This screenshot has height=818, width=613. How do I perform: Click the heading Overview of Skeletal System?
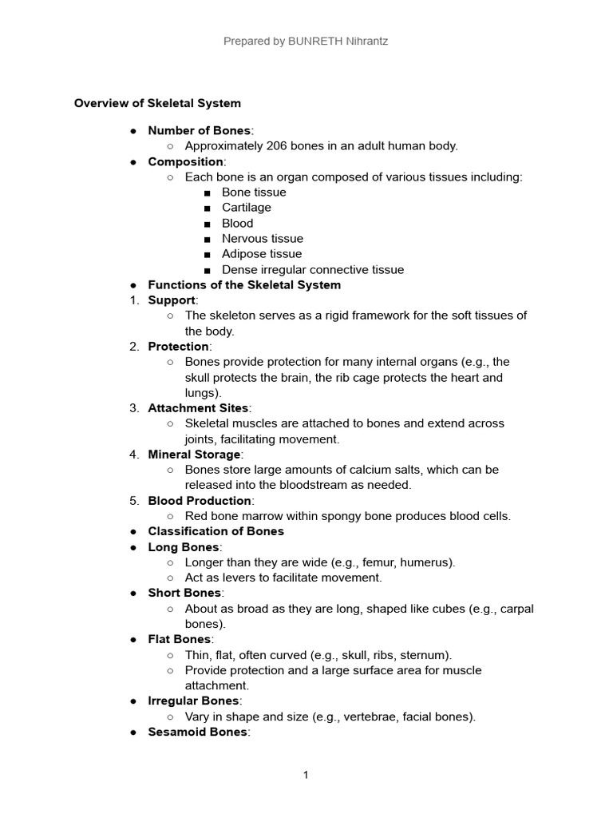pos(157,103)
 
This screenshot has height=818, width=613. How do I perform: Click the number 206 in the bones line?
pos(267,146)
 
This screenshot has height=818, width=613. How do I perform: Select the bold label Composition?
pos(185,161)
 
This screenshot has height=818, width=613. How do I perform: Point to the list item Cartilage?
pos(247,208)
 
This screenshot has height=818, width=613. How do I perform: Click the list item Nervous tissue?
pos(263,239)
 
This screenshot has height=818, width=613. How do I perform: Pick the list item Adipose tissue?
pos(262,254)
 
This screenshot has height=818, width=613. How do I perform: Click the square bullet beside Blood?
pos(208,224)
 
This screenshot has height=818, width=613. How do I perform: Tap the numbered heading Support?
pos(172,300)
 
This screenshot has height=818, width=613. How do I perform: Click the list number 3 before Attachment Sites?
pos(133,408)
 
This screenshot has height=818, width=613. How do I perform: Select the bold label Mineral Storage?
pos(194,455)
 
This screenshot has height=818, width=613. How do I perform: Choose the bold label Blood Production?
pos(200,501)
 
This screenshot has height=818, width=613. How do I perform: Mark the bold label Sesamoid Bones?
pos(197,732)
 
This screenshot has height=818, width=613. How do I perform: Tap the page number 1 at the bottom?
pos(306,775)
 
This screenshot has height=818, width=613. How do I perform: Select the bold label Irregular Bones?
pos(193,701)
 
